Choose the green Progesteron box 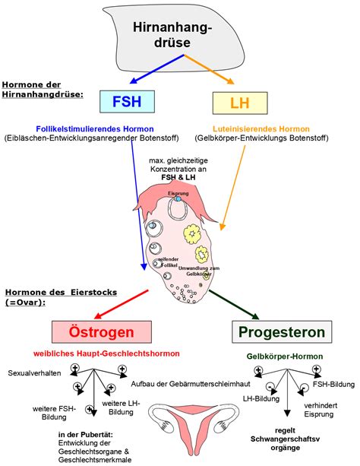[x=281, y=332]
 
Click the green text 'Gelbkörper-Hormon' [x=281, y=356]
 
